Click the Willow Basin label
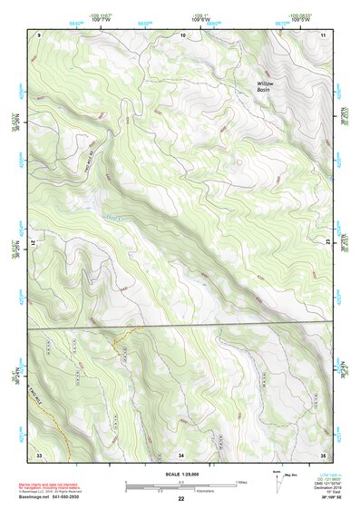(264, 86)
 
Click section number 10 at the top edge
(183, 34)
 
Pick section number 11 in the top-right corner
(323, 34)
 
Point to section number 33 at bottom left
(39, 454)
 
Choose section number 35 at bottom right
(323, 454)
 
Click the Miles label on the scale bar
(240, 481)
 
